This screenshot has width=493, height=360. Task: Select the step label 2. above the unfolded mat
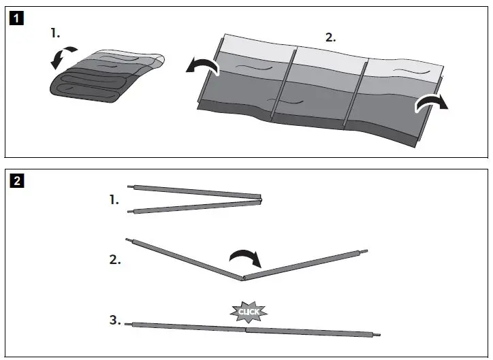click(x=330, y=37)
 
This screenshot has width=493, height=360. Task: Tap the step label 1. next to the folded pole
click(x=113, y=200)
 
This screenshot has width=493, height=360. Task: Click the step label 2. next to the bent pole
click(x=115, y=259)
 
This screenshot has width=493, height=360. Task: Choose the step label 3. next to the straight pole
click(x=115, y=319)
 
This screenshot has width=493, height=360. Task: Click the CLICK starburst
click(x=249, y=312)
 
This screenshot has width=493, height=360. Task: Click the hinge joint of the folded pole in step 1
click(x=260, y=198)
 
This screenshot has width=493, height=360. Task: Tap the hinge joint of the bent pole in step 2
click(x=242, y=278)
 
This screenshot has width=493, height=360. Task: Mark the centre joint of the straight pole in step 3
click(x=246, y=330)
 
